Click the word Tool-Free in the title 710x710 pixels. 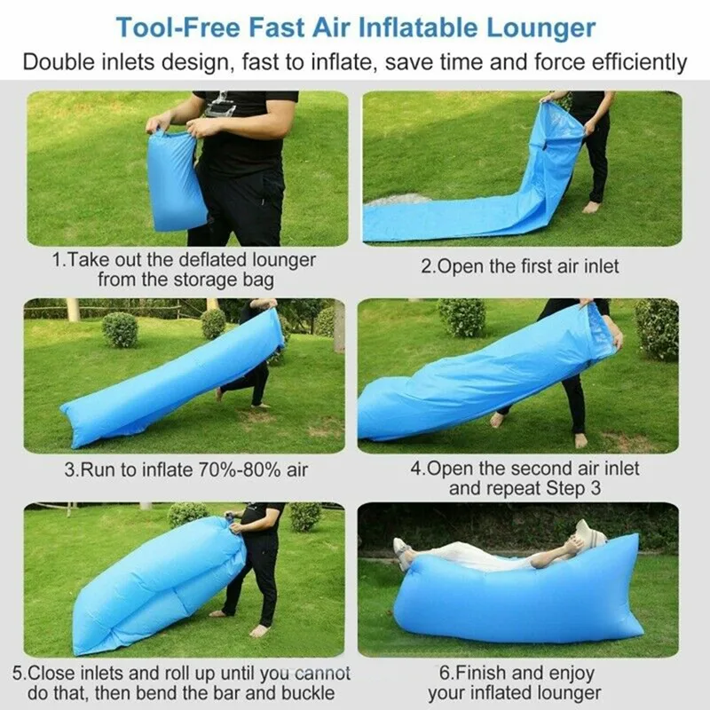click(x=178, y=27)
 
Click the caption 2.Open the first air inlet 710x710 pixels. click(x=519, y=266)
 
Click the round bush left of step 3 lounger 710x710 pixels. click(x=120, y=329)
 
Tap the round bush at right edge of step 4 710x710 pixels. click(x=658, y=327)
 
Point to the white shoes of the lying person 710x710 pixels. click(x=402, y=552)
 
